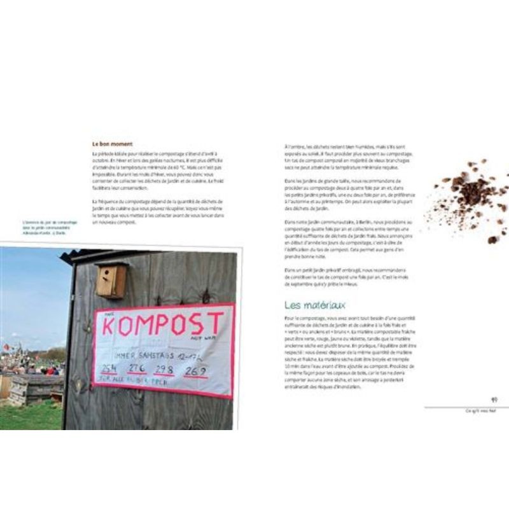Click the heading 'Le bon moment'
(112, 144)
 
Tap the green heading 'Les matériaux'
(314, 305)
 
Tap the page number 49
(494, 400)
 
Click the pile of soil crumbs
(474, 191)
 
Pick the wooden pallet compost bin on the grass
(35, 388)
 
